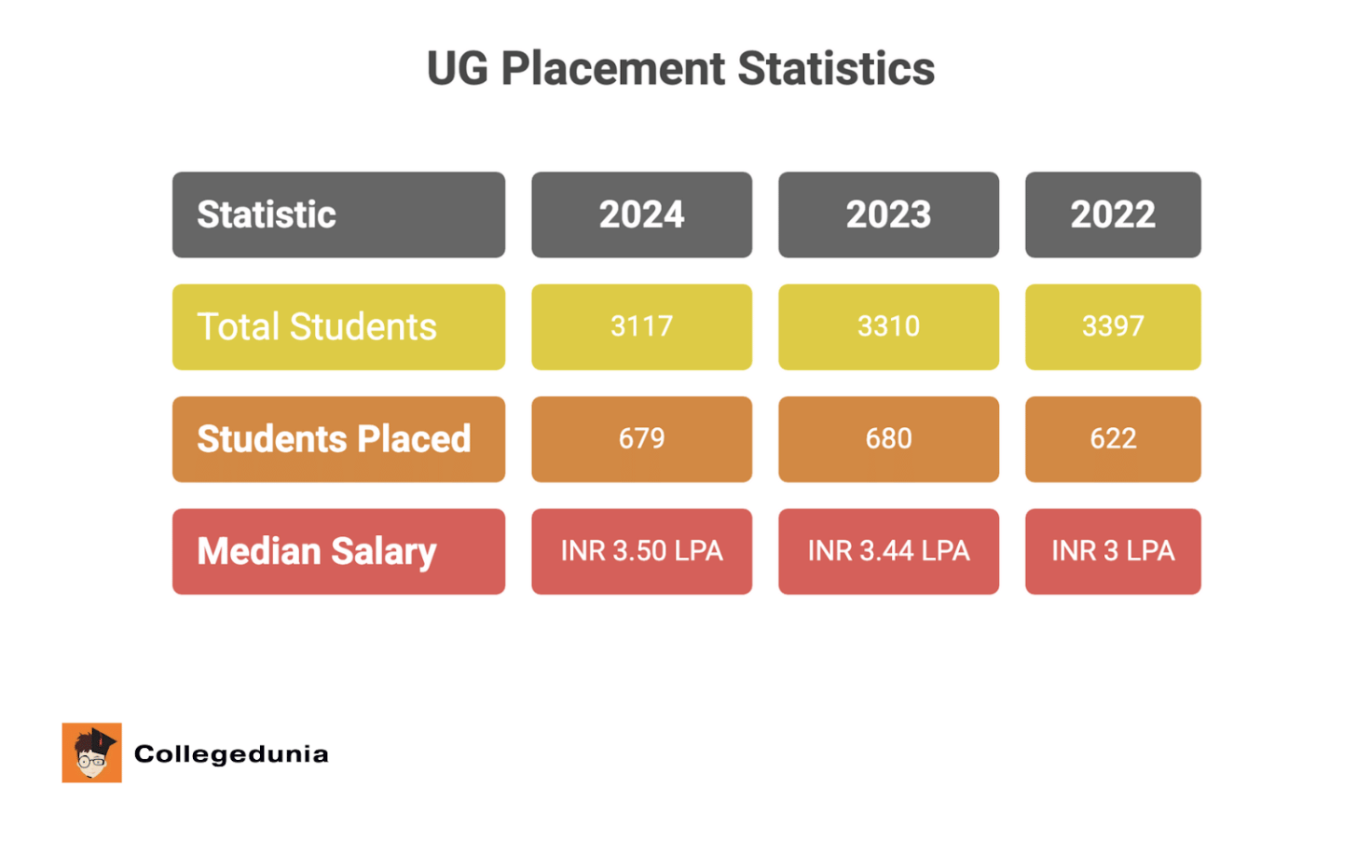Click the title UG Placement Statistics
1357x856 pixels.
pyautogui.click(x=680, y=69)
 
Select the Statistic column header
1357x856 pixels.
pyautogui.click(x=338, y=214)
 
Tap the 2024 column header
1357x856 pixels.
pyautogui.click(x=641, y=214)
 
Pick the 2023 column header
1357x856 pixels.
pyautogui.click(x=888, y=214)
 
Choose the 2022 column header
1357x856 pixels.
pyautogui.click(x=1113, y=214)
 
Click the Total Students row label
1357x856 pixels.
pyautogui.click(x=338, y=327)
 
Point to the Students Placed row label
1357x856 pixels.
pyautogui.click(x=338, y=439)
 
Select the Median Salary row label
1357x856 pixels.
pyautogui.click(x=338, y=551)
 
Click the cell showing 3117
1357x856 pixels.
pyautogui.click(x=641, y=327)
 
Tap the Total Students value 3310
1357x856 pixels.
pyautogui.click(x=888, y=327)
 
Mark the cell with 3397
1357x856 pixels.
pyautogui.click(x=1113, y=327)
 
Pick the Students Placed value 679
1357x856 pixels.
pyautogui.click(x=641, y=439)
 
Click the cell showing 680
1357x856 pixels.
pyautogui.click(x=888, y=439)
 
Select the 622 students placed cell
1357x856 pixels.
pyautogui.click(x=1113, y=439)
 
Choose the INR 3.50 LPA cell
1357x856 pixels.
pyautogui.click(x=641, y=551)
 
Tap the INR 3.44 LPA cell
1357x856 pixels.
pyautogui.click(x=888, y=551)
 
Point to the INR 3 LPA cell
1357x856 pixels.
pyautogui.click(x=1113, y=551)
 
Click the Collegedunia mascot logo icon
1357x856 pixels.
pyautogui.click(x=91, y=752)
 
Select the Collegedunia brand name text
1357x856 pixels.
pyautogui.click(x=231, y=754)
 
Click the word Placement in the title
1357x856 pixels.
pyautogui.click(x=612, y=69)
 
